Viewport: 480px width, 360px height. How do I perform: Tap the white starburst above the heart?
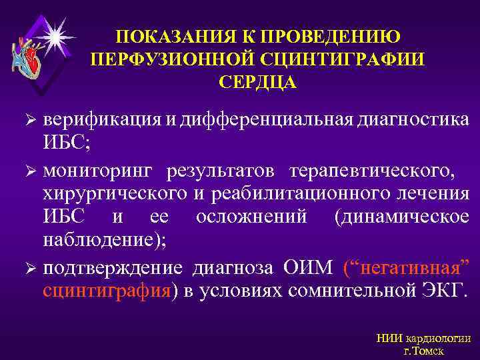coord(52,29)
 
